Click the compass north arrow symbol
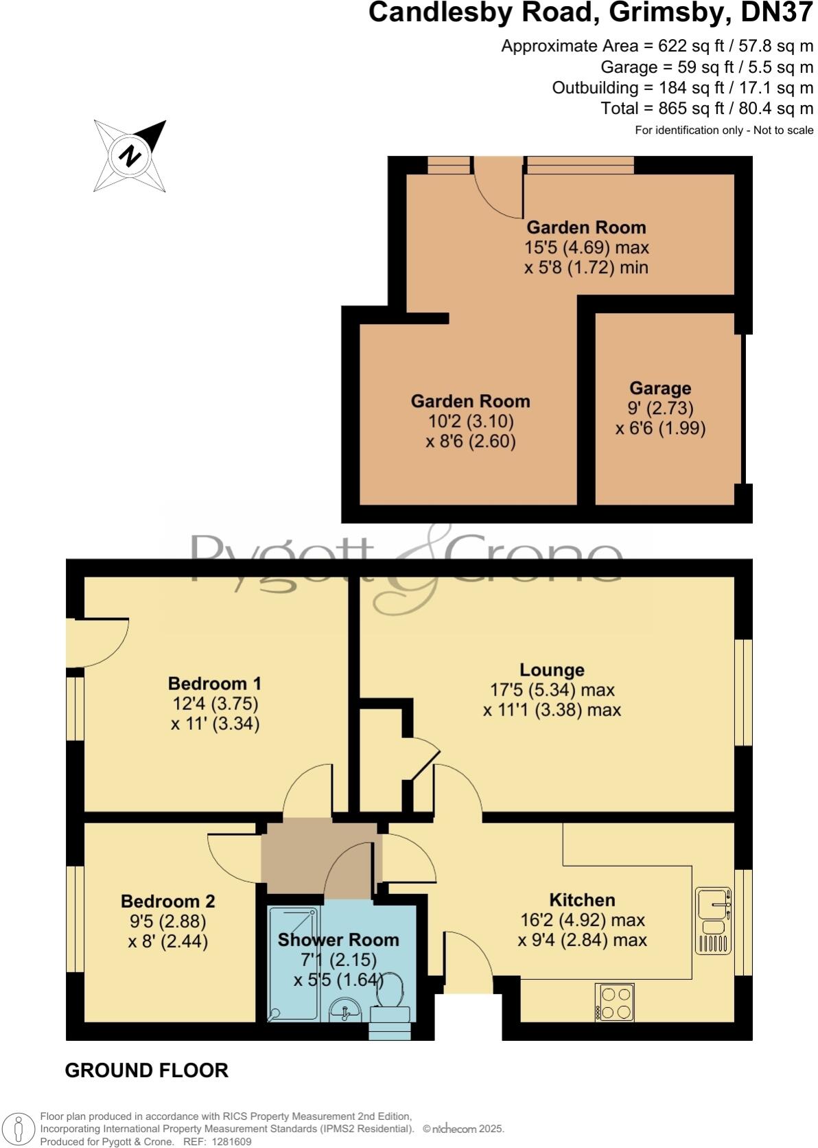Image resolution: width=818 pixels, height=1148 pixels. (130, 157)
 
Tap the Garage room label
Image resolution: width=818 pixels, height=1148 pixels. (659, 389)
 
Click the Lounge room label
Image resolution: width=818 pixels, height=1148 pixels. (552, 669)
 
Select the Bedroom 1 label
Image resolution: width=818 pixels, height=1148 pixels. (215, 683)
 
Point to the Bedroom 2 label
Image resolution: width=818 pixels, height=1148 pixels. (168, 901)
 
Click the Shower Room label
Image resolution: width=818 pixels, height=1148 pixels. (338, 939)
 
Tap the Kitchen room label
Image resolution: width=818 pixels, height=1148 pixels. (582, 899)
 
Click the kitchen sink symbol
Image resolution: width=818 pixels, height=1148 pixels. (714, 920)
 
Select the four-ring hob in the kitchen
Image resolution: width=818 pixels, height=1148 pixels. (614, 1002)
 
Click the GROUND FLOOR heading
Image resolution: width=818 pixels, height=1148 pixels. (146, 1070)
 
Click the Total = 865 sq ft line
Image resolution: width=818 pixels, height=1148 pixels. (707, 108)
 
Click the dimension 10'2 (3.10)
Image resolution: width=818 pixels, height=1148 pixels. (470, 421)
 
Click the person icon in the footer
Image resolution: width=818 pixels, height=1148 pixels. (19, 1129)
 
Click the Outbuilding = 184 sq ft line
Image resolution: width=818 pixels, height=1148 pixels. (682, 87)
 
